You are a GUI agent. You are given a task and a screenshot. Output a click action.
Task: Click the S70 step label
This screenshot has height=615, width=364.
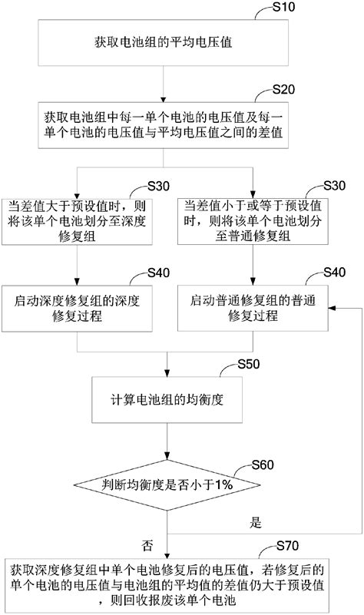click(289, 545)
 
